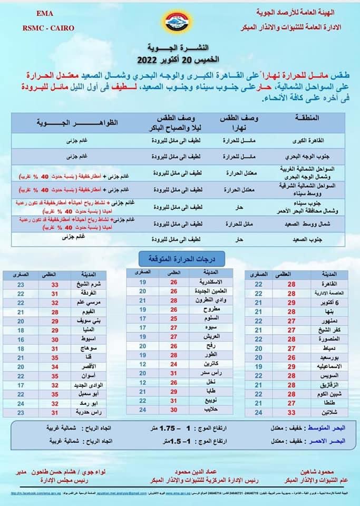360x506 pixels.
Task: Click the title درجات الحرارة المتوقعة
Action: [181, 258]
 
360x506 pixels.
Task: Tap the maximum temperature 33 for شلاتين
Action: [291, 412]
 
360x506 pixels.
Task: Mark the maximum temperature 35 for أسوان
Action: [55, 376]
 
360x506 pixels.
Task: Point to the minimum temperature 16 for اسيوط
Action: [21, 339]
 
